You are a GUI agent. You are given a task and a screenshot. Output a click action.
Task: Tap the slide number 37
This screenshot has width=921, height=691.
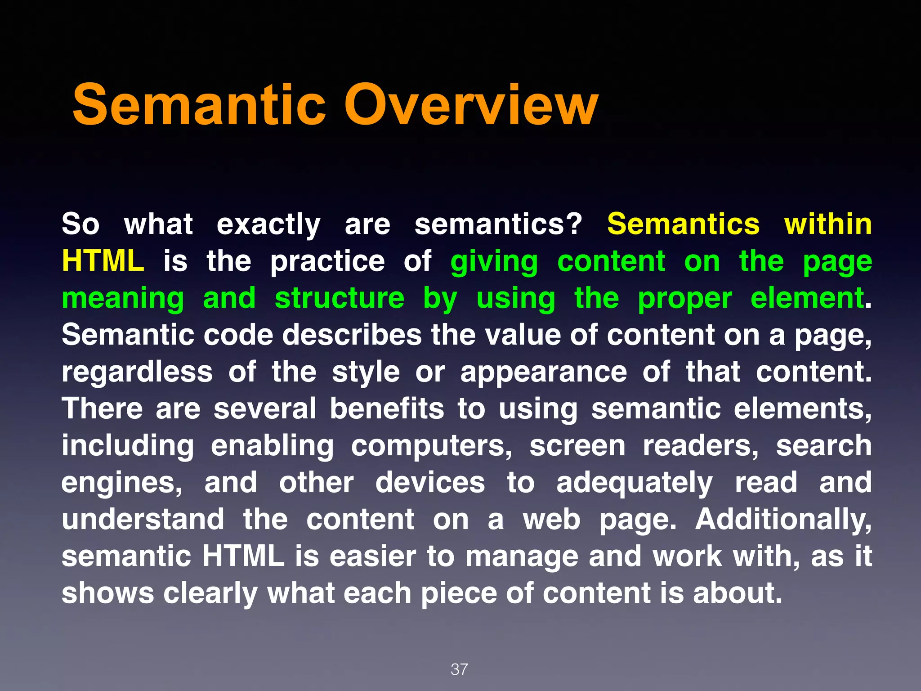(459, 669)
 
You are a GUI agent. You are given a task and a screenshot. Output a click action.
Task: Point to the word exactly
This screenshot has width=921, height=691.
(268, 225)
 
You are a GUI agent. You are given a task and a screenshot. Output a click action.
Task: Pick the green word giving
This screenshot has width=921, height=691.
(494, 262)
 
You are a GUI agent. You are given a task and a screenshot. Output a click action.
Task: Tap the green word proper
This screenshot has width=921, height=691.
(685, 299)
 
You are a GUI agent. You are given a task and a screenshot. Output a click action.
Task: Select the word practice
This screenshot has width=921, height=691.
(327, 262)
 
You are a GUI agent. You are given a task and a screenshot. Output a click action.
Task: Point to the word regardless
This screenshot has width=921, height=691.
(137, 372)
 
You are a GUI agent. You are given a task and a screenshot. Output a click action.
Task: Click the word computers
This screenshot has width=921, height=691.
(431, 446)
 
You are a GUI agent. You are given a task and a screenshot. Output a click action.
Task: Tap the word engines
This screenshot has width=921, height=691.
(122, 483)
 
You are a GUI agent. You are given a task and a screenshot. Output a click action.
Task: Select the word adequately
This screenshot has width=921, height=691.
(634, 483)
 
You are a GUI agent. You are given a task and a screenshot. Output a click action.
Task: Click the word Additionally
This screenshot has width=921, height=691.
(783, 520)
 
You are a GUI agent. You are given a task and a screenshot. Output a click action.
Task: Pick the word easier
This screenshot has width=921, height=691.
(372, 556)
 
